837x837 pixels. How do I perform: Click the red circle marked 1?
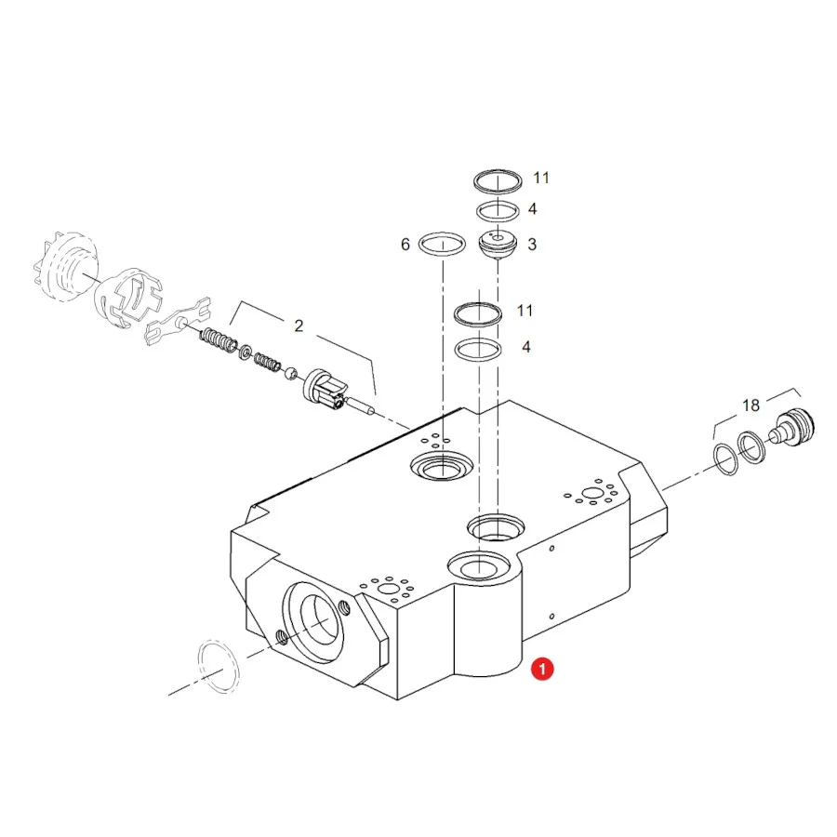(542, 669)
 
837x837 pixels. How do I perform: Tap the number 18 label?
(751, 405)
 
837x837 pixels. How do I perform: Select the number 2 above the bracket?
(299, 325)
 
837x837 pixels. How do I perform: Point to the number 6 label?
(405, 245)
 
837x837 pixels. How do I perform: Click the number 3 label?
(532, 245)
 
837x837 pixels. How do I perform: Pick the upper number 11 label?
(541, 178)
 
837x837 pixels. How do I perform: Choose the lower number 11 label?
(525, 311)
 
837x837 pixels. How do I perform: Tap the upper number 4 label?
(532, 208)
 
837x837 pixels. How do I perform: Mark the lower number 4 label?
(526, 347)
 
